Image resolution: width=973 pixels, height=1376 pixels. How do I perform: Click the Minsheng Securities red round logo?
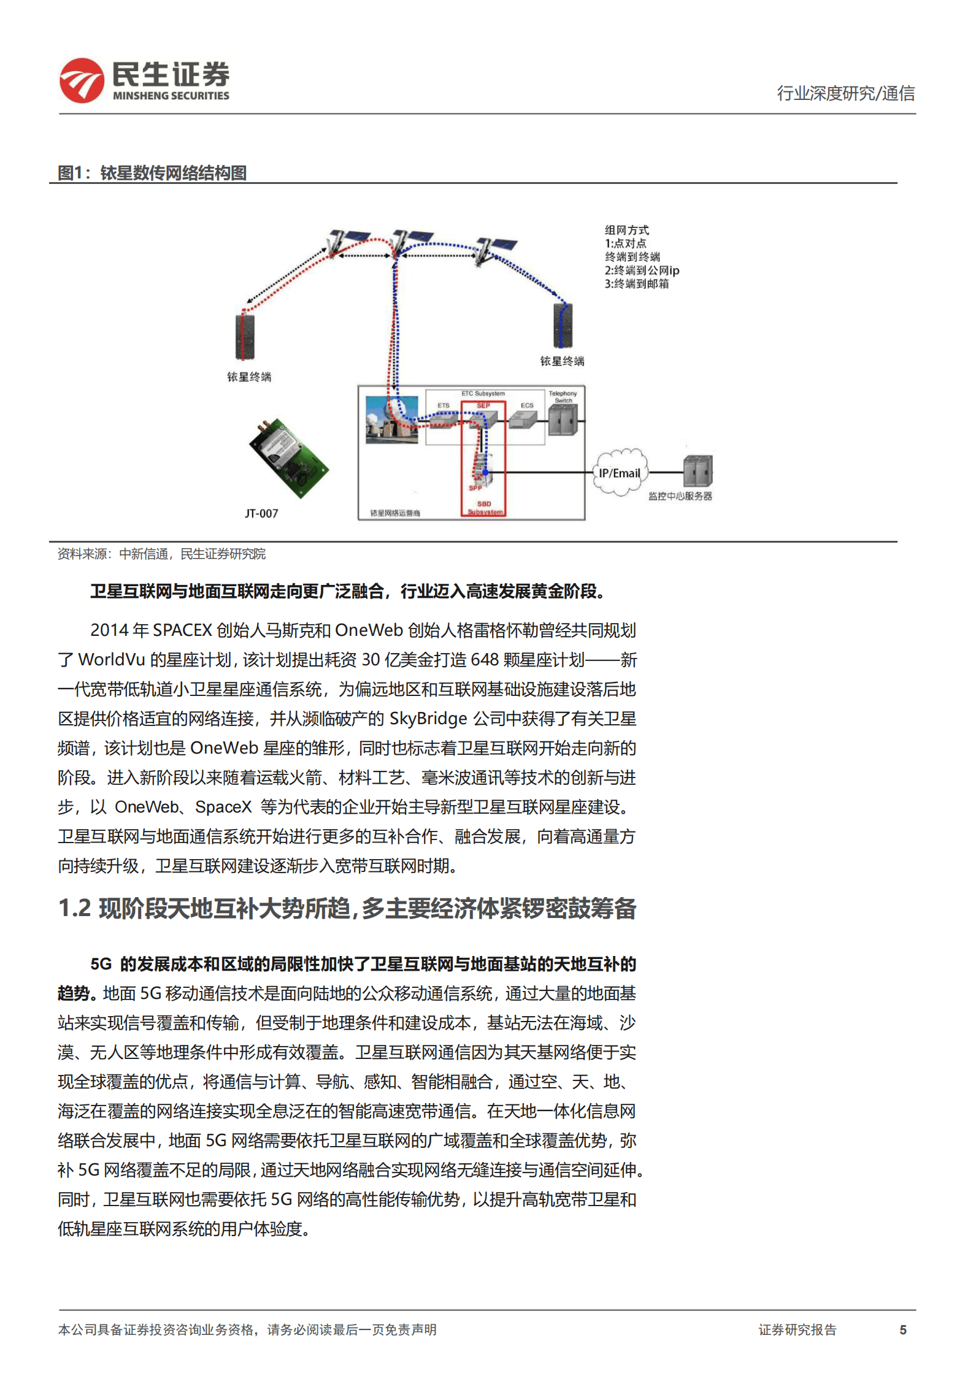coord(82,80)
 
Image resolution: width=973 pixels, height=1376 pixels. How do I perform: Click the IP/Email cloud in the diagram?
coord(620,473)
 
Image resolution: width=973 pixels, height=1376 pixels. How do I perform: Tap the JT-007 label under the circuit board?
coord(261,513)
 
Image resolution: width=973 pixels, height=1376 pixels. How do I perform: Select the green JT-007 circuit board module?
coord(288,457)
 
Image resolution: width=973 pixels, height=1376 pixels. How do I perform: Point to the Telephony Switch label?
coord(563,396)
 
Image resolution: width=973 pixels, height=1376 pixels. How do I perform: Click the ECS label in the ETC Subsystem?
coord(527,405)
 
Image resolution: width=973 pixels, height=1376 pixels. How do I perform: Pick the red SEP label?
coord(483,405)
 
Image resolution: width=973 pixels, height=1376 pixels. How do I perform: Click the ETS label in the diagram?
coord(444,405)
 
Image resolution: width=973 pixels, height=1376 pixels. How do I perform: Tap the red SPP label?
coord(475,488)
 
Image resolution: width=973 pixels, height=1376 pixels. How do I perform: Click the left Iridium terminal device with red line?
coord(245,336)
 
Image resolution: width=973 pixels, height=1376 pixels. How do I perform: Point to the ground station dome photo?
coord(391,419)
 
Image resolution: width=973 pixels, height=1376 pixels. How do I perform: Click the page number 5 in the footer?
coord(902,1329)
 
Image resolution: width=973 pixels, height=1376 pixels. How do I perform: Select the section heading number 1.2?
coord(74,908)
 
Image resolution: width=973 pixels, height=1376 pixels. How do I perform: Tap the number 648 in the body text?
coord(485,659)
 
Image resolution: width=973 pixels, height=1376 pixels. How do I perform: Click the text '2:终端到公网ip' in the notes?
coord(642,270)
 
